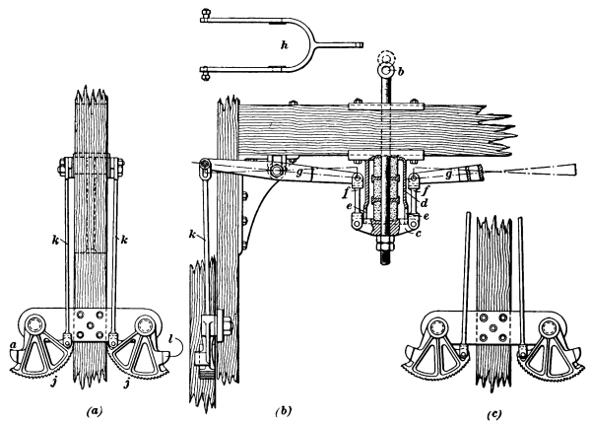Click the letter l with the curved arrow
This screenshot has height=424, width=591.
172,341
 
